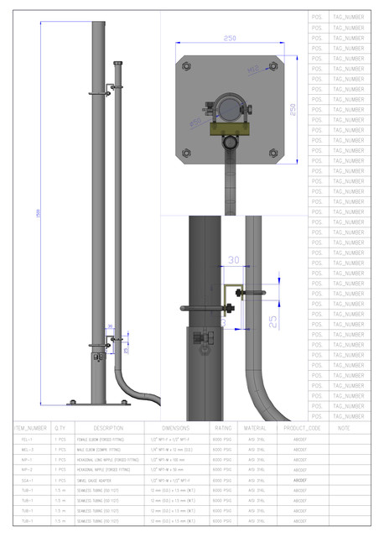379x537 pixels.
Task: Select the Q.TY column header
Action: tap(60, 428)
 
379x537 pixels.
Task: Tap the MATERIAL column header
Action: tap(255, 428)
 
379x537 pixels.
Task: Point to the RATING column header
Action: tap(222, 428)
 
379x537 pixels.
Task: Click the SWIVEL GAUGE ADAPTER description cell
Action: tap(99, 480)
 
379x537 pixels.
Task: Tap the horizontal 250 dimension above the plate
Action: tap(229, 38)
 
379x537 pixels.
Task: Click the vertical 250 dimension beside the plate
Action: tap(293, 109)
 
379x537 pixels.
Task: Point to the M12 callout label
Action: tap(252, 70)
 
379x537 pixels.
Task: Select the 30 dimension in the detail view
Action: tap(234, 261)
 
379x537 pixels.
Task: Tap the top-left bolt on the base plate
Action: tap(186, 66)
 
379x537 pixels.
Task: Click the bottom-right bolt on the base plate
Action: tap(273, 152)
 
